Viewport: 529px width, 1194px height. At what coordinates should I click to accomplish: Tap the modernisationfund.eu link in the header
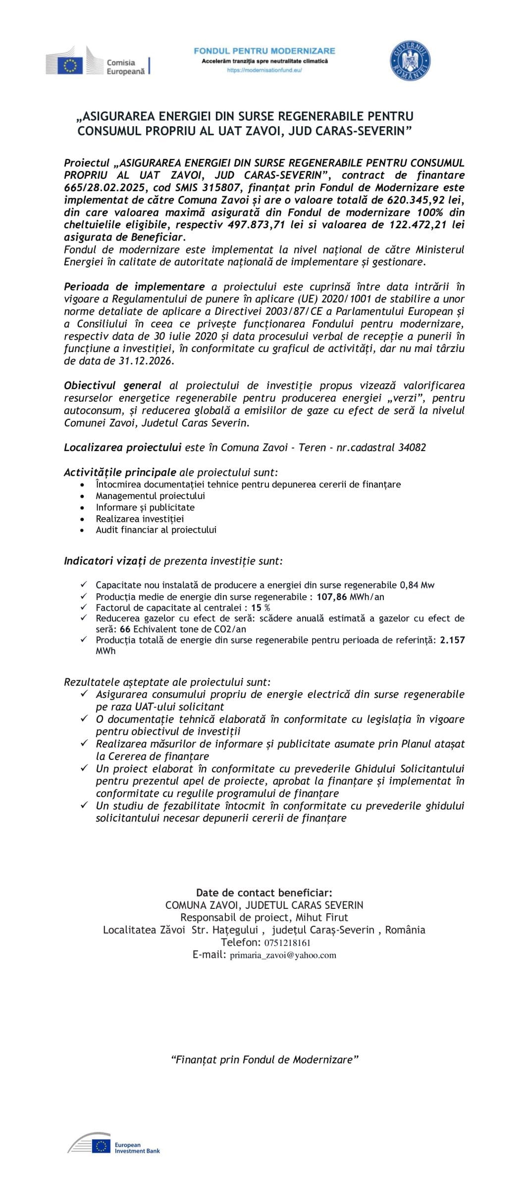[x=264, y=70]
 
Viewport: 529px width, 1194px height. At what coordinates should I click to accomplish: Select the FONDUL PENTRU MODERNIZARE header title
[x=264, y=50]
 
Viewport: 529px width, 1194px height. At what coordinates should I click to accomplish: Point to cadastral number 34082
[x=412, y=448]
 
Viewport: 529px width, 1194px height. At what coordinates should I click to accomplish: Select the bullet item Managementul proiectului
[x=150, y=496]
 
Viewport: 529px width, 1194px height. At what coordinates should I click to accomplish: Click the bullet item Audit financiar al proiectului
[x=156, y=530]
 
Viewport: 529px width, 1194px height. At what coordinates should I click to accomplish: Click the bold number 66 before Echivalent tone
[x=125, y=629]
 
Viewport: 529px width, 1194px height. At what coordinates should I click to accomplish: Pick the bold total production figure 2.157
[x=452, y=640]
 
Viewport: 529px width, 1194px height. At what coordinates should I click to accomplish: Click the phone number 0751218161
[x=287, y=943]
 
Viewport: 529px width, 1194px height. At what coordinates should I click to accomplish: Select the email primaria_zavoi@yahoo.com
[x=283, y=955]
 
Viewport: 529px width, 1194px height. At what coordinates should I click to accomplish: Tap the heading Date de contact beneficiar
[x=264, y=893]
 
